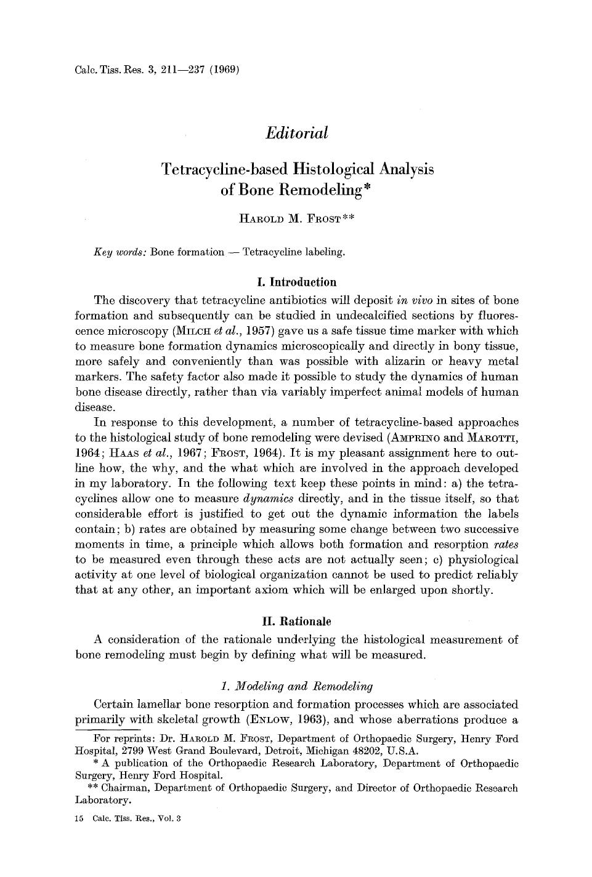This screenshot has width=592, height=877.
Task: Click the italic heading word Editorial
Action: (x=296, y=133)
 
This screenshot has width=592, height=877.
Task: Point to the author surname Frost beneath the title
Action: (x=321, y=220)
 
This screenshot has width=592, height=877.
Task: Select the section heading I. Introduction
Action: (x=296, y=282)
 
